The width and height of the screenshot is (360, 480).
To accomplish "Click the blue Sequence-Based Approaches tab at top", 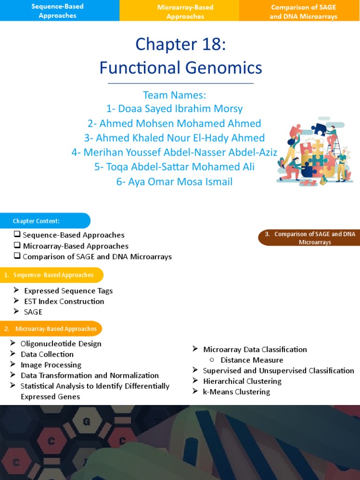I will pos(58,11).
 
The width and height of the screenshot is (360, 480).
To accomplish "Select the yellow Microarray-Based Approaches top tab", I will pos(185,12).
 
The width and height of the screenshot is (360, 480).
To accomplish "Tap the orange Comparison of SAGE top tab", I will pos(303,12).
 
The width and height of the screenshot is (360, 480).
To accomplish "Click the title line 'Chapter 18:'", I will pos(180,45).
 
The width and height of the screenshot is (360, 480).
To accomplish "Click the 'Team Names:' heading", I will pos(174,95).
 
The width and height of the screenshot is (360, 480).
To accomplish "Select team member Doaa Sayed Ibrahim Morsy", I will pos(174,109).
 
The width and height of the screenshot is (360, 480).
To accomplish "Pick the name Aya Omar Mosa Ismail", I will pos(174,181).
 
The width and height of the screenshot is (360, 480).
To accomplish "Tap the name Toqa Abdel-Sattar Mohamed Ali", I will pos(174,167).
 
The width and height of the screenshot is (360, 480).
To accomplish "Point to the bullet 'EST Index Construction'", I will pos(64,301).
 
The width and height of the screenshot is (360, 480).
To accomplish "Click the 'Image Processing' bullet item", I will pos(51,365).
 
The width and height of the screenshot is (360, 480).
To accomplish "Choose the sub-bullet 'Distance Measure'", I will pos(252,360).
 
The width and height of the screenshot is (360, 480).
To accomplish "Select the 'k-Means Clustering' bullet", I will pos(236,392).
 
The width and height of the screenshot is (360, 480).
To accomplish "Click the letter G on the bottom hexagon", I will pos(86,421).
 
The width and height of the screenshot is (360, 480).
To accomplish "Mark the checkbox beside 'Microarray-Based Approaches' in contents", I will pos(17,245).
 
